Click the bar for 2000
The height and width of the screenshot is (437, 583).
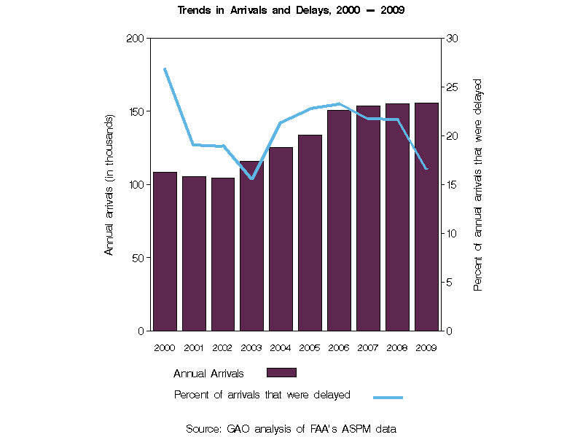[165, 251]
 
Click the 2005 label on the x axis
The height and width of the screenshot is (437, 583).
[310, 348]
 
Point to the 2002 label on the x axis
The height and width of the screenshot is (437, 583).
[222, 348]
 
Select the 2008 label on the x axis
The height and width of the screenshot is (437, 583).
[397, 348]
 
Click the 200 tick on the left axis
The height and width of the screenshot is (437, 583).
[136, 39]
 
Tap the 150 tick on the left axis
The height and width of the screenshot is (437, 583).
[136, 111]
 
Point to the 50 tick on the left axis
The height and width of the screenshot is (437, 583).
[138, 258]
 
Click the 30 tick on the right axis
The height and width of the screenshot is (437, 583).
[452, 39]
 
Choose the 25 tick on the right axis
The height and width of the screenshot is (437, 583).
[452, 87]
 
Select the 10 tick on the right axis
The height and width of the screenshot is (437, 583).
[452, 234]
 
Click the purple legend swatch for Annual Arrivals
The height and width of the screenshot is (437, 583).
[281, 373]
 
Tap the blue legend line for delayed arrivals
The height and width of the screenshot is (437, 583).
[388, 397]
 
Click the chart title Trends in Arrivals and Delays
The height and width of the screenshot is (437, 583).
[291, 11]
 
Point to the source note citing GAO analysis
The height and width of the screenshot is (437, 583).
[291, 429]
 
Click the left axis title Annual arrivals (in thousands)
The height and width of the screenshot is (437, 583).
[109, 184]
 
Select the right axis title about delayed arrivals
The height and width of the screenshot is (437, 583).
[478, 184]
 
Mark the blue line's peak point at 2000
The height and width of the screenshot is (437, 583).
[165, 68]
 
